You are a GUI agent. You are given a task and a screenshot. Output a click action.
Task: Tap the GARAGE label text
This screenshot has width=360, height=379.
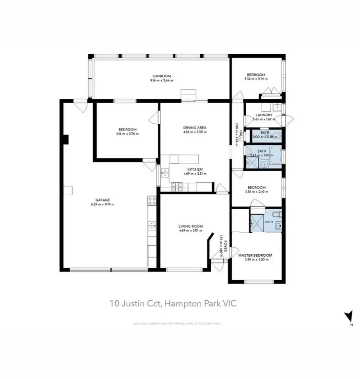click(x=102, y=200)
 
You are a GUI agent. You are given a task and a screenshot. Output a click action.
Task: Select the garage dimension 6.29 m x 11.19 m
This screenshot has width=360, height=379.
click(x=102, y=204)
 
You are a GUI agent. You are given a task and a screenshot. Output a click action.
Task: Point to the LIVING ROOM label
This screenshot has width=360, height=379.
click(x=191, y=226)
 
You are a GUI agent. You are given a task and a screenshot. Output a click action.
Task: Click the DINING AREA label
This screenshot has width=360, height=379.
click(x=194, y=127)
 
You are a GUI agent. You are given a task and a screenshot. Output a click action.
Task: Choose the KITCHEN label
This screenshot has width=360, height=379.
click(x=195, y=169)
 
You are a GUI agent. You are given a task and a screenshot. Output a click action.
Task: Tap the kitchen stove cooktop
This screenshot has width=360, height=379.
click(x=176, y=186)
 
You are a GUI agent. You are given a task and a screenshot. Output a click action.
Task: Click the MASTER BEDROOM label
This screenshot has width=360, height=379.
click(x=255, y=255)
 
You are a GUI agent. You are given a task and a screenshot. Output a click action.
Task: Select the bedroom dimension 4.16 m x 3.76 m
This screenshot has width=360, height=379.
click(x=128, y=134)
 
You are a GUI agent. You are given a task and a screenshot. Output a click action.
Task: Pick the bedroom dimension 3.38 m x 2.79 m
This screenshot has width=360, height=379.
click(x=255, y=80)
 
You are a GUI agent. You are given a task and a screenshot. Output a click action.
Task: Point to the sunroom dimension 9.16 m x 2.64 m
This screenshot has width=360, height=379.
click(x=161, y=81)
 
